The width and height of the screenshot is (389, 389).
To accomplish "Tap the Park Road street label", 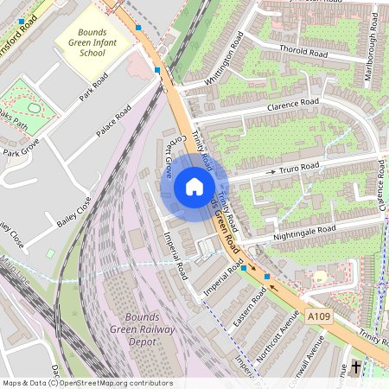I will [93, 86].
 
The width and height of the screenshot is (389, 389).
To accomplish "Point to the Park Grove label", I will [22, 152].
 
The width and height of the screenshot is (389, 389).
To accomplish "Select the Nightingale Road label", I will [303, 232].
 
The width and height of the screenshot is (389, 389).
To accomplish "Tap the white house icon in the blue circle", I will [194, 186].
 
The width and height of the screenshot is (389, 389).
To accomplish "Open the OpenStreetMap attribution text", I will [87, 383].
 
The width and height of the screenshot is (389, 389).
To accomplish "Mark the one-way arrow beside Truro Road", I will [270, 172].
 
